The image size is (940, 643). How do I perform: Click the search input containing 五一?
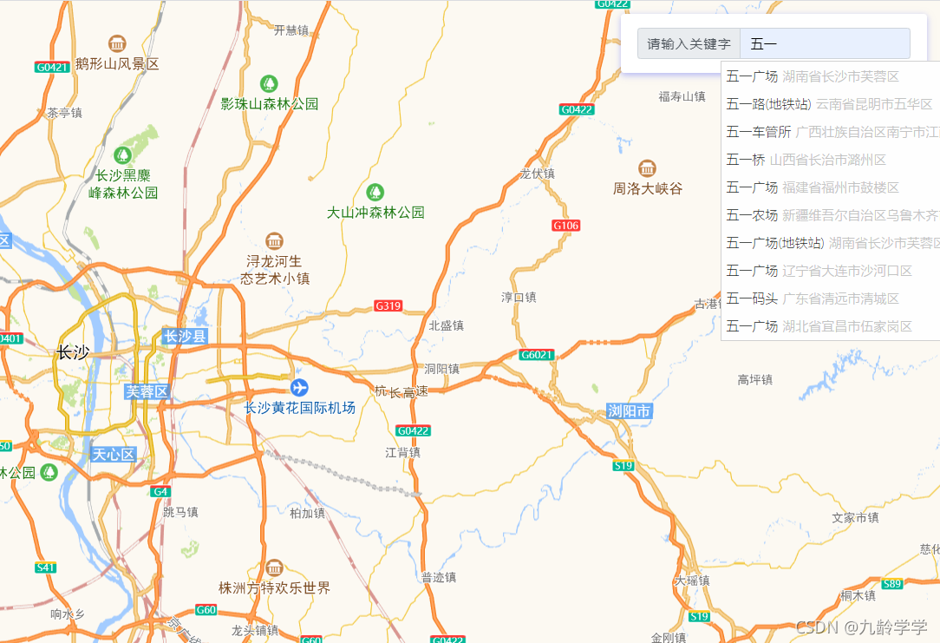point(824,43)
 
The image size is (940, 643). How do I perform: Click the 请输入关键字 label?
point(689,43)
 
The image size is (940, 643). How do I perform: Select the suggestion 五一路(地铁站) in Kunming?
point(828,104)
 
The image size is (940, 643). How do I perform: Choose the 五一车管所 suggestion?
point(828,132)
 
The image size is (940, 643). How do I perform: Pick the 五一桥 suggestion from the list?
point(806,160)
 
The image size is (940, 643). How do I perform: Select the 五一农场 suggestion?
point(828,215)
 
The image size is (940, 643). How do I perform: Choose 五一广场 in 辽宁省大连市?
point(819,271)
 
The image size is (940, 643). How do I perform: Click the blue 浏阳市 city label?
point(629,411)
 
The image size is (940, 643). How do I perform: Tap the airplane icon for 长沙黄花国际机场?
point(299,387)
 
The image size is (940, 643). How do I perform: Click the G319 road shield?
point(388,305)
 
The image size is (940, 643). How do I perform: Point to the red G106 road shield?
point(565,226)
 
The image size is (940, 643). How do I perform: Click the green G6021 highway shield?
point(537,355)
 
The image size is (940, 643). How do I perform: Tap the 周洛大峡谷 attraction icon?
point(647,168)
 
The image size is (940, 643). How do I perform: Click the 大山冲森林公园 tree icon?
point(375,192)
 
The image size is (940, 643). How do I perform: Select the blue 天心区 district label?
point(114,454)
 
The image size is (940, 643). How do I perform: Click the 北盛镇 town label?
point(447,325)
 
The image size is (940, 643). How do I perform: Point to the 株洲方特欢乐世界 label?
point(274,588)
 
